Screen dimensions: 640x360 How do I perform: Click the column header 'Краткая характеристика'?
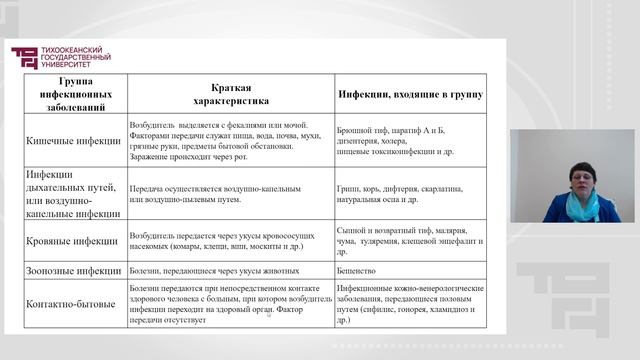click(x=230, y=94)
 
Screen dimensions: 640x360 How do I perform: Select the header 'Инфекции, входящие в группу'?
click(x=409, y=94)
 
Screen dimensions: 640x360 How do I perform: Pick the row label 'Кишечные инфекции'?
click(x=72, y=142)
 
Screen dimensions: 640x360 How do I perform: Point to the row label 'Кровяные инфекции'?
click(x=71, y=240)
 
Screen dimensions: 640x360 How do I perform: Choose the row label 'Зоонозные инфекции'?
click(x=73, y=270)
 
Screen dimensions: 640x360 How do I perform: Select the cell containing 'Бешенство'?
click(x=361, y=270)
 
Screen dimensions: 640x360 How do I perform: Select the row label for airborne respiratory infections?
click(x=73, y=192)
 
